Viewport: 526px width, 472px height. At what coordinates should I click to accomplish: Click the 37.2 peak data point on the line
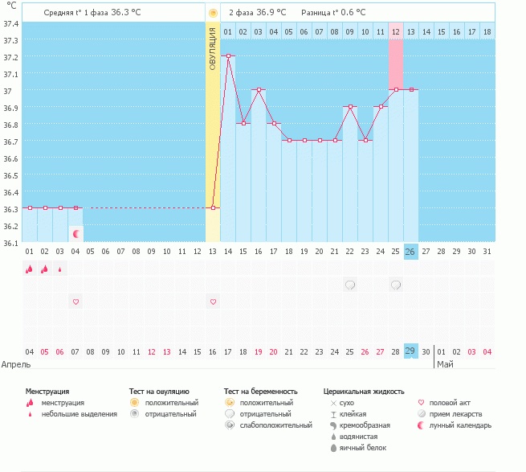point(228,56)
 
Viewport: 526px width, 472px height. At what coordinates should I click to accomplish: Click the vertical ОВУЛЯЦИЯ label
point(213,47)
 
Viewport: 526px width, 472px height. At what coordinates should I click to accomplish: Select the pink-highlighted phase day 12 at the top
point(395,31)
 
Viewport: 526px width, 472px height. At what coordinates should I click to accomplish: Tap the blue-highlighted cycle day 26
point(410,252)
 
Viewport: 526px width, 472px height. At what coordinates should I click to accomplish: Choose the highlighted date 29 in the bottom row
point(410,351)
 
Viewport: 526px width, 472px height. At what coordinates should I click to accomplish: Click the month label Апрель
point(17,364)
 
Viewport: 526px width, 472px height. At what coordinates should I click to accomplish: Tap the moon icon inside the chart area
point(76,234)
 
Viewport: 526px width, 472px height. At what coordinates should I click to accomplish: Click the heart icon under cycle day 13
point(213,302)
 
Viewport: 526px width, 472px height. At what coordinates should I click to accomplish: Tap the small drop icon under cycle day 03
point(60,269)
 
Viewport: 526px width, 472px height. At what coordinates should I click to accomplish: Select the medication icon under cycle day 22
point(349,285)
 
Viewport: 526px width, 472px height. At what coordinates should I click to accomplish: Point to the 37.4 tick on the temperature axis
point(11,23)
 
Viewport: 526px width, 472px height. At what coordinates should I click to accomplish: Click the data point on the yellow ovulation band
point(213,207)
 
